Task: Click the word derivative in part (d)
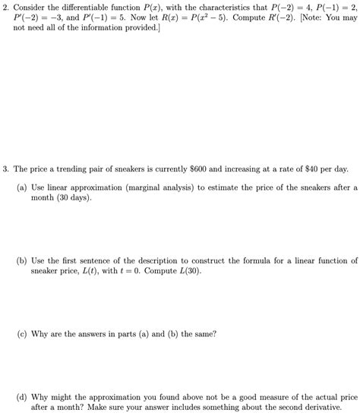[x=335, y=407]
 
